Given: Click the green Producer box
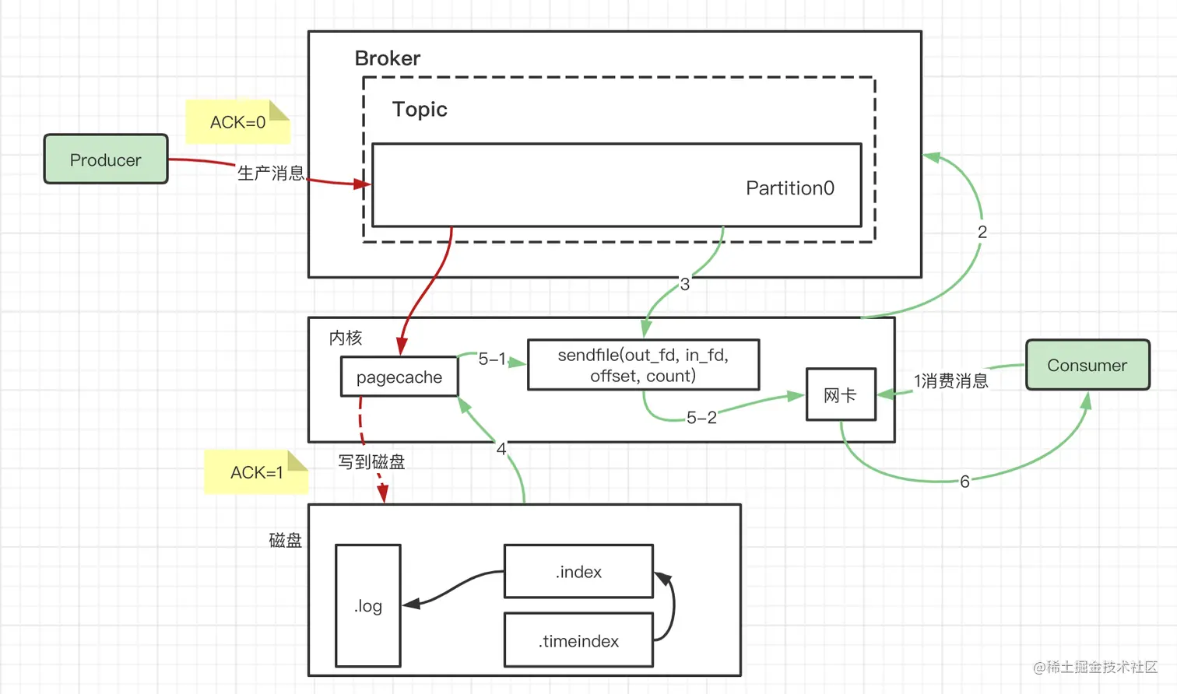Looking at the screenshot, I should tap(106, 159).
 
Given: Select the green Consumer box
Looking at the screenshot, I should tap(1087, 365).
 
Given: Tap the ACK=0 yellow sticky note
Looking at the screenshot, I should tap(237, 122).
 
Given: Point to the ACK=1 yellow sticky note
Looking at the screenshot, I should tap(256, 472).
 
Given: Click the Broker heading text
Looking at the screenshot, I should tap(387, 58).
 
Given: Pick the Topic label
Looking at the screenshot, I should tap(420, 109).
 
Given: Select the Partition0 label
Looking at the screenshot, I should tap(789, 188).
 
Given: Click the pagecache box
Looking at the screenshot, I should tap(399, 377).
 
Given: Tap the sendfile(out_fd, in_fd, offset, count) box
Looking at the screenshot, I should tap(643, 365).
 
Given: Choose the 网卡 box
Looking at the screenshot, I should tap(841, 394).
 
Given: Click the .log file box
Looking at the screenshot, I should tap(368, 606).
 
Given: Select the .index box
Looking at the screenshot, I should tap(578, 572).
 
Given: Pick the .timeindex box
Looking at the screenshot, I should tap(578, 640).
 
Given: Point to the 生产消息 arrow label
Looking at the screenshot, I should tap(270, 173).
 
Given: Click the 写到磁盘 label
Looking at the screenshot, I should tap(371, 462).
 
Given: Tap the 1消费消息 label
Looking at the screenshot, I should tap(950, 380).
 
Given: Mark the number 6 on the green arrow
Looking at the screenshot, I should tap(964, 482).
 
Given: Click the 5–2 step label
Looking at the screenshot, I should tap(701, 418).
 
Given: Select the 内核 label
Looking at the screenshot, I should tap(346, 338).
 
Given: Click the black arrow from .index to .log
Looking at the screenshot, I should tap(455, 587).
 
